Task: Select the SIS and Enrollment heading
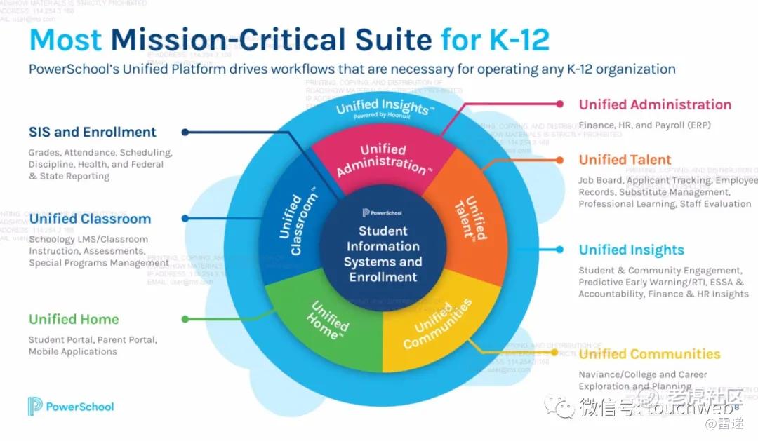[x=92, y=132]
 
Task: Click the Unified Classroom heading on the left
[x=90, y=219]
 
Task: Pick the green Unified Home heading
[x=74, y=319]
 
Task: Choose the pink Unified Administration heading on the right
[x=654, y=104]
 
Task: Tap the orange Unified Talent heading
[x=625, y=160]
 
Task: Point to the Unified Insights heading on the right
[x=631, y=250]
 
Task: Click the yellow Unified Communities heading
[x=649, y=354]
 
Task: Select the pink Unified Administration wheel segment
[x=383, y=158]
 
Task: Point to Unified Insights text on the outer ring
[x=385, y=108]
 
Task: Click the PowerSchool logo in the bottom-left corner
[x=71, y=406]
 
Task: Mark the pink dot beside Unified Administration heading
[x=559, y=104]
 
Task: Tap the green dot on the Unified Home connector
[x=185, y=319]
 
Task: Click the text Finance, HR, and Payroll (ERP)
[x=645, y=124]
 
